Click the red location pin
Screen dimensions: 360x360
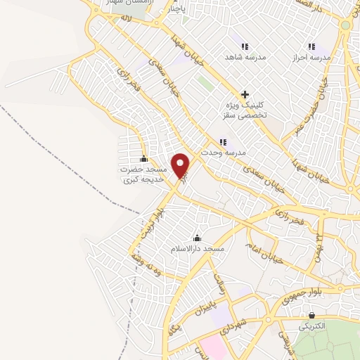pyautogui.click(x=182, y=165)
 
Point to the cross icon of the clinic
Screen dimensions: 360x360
pyautogui.click(x=245, y=94)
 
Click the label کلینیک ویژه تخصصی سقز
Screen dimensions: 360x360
pyautogui.click(x=245, y=109)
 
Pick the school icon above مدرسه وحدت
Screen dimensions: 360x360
pyautogui.click(x=223, y=141)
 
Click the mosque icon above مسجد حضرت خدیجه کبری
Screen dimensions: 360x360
pyautogui.click(x=144, y=158)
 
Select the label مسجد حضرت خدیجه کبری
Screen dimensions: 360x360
pyautogui.click(x=143, y=174)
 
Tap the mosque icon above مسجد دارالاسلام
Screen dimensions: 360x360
pyautogui.click(x=196, y=238)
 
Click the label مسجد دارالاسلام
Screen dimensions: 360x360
pyautogui.click(x=197, y=249)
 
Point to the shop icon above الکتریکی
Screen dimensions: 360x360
pyautogui.click(x=311, y=316)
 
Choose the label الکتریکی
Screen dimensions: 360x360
pyautogui.click(x=311, y=327)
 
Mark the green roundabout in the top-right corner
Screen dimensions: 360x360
pyautogui.click(x=345, y=25)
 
